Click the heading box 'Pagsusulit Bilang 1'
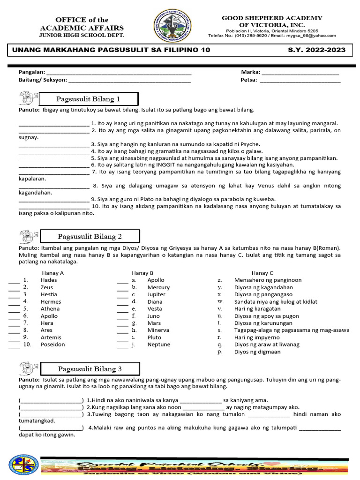(89, 99)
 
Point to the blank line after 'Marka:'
(300, 73)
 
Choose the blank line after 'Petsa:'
(300, 80)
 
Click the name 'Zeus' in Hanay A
(47, 287)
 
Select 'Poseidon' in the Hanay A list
(53, 345)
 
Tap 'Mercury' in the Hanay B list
(158, 287)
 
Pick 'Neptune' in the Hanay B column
(158, 345)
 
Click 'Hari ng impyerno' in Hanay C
(257, 337)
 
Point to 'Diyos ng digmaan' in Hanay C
(257, 352)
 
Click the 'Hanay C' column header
(262, 273)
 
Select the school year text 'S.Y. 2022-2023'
(316, 50)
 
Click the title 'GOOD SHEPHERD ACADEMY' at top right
(272, 18)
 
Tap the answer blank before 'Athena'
(14, 309)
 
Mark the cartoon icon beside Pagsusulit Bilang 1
(28, 98)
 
